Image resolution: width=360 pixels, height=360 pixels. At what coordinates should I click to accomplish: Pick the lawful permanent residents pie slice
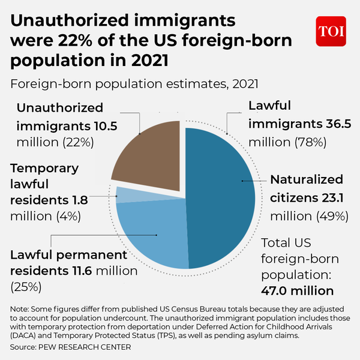[153, 234]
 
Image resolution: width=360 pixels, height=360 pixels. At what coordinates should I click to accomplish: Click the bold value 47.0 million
[298, 290]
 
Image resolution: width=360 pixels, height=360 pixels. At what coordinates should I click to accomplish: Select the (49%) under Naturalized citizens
[327, 215]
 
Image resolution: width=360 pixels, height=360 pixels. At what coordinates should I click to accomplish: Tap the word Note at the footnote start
[20, 308]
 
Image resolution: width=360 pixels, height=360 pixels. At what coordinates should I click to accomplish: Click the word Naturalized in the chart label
[306, 179]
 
